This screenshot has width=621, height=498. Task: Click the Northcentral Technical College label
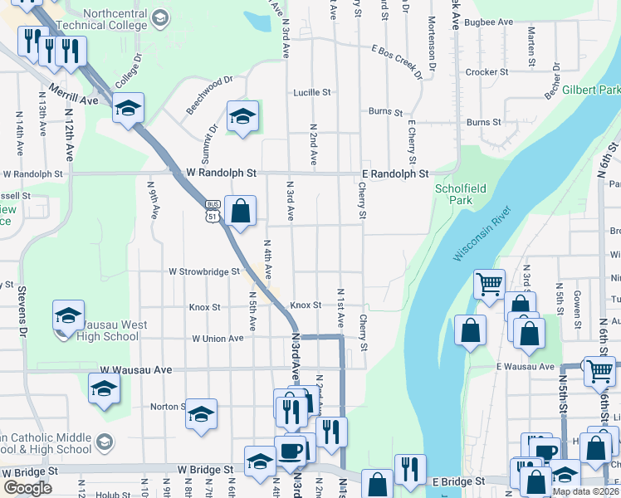[x=105, y=19]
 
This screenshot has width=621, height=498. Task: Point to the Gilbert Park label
[x=590, y=90]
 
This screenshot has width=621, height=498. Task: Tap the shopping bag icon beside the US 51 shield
[x=240, y=212]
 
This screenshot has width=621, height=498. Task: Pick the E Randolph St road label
[x=395, y=173]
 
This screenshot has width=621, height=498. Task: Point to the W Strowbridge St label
[x=204, y=271]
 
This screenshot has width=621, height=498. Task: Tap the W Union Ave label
[x=218, y=339]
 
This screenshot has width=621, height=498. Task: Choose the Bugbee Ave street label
[x=486, y=23]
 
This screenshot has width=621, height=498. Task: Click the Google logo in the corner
[x=27, y=488]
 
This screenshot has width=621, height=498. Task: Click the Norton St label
[x=165, y=407]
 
